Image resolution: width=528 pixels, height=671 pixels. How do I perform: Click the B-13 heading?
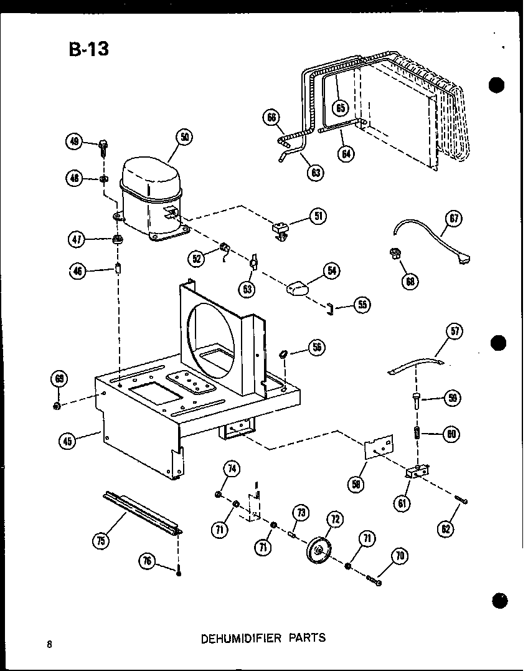tap(88, 49)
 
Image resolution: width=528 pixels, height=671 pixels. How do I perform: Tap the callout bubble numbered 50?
tap(184, 137)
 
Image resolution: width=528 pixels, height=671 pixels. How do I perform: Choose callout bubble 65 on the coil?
tap(340, 108)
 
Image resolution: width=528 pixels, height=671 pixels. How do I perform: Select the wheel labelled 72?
tap(320, 550)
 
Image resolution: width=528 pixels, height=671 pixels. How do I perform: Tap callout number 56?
tap(317, 348)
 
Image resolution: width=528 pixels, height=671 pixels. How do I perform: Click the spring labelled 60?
tap(418, 433)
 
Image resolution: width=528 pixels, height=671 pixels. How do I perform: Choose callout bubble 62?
tap(446, 529)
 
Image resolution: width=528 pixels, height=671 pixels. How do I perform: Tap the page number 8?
tap(49, 644)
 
